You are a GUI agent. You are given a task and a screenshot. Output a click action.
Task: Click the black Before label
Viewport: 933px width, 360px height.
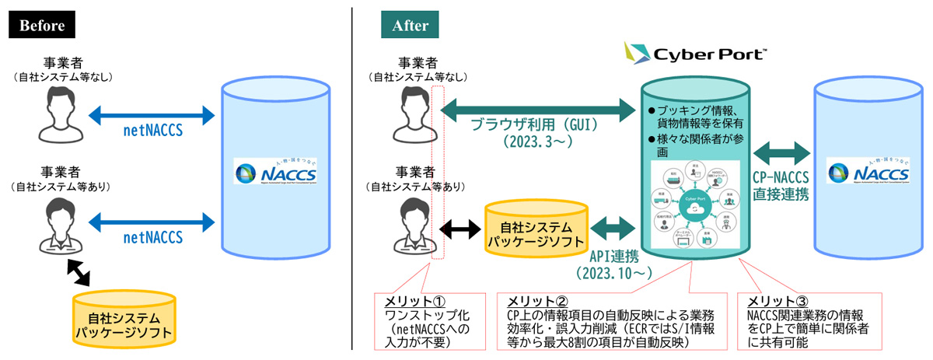point(42,25)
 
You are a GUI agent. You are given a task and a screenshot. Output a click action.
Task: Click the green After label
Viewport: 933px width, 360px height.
point(411,25)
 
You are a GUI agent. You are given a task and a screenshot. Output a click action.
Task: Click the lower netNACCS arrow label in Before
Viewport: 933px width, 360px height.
point(152,236)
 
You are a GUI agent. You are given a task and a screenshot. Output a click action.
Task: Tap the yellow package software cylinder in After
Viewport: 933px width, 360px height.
point(536,233)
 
